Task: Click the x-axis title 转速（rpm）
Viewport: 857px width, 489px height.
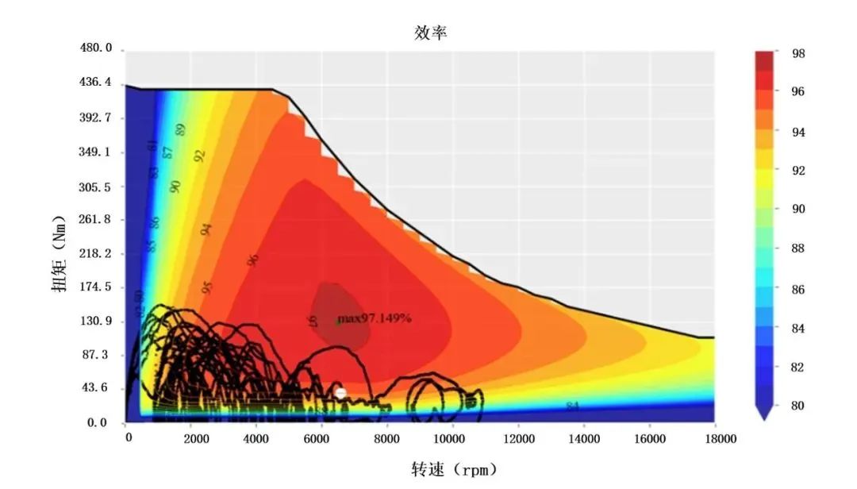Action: [x=455, y=469]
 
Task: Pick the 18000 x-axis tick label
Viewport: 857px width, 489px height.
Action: [x=713, y=437]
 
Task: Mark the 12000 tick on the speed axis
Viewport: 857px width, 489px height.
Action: [x=518, y=437]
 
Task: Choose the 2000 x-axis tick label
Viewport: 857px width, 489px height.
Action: [x=191, y=437]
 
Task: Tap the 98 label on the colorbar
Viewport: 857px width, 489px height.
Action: [x=797, y=54]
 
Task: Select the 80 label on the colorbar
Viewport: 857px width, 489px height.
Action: [x=797, y=406]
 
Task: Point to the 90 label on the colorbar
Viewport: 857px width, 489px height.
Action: [x=797, y=210]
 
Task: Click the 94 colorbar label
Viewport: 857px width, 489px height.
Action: [x=797, y=132]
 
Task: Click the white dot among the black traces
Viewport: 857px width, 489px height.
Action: [x=341, y=392]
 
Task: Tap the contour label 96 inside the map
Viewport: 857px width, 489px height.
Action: [x=253, y=259]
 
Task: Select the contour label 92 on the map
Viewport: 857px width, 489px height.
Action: [x=200, y=156]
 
